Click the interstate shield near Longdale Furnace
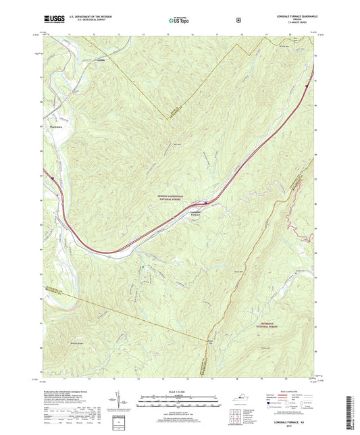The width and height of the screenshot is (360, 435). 205,202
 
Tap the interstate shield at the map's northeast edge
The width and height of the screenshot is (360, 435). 307,86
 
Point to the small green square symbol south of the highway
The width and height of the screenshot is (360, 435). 142,268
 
